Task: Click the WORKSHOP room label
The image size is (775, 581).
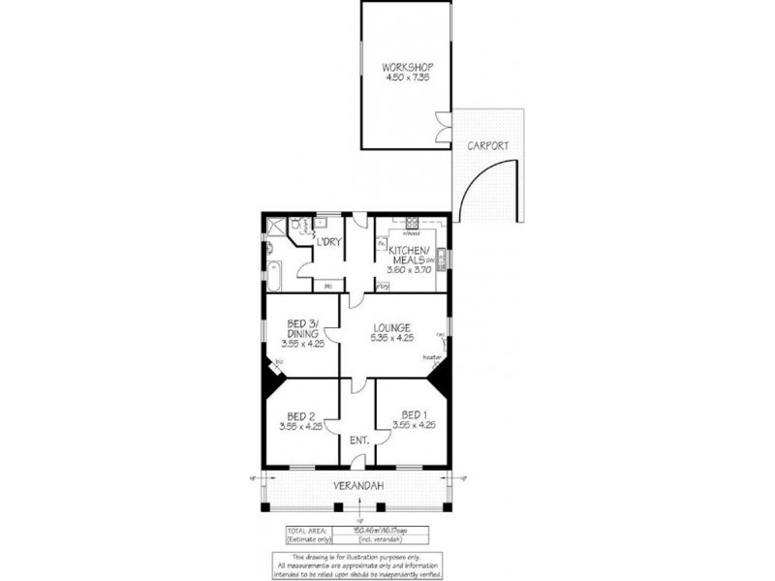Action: (x=407, y=67)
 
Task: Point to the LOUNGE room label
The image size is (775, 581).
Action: (x=393, y=327)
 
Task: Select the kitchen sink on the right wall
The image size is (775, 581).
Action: (x=441, y=260)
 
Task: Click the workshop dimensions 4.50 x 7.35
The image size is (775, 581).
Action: (x=407, y=77)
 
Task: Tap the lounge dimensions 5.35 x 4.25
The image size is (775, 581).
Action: (x=393, y=339)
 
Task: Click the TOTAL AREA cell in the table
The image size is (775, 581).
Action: (x=306, y=530)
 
